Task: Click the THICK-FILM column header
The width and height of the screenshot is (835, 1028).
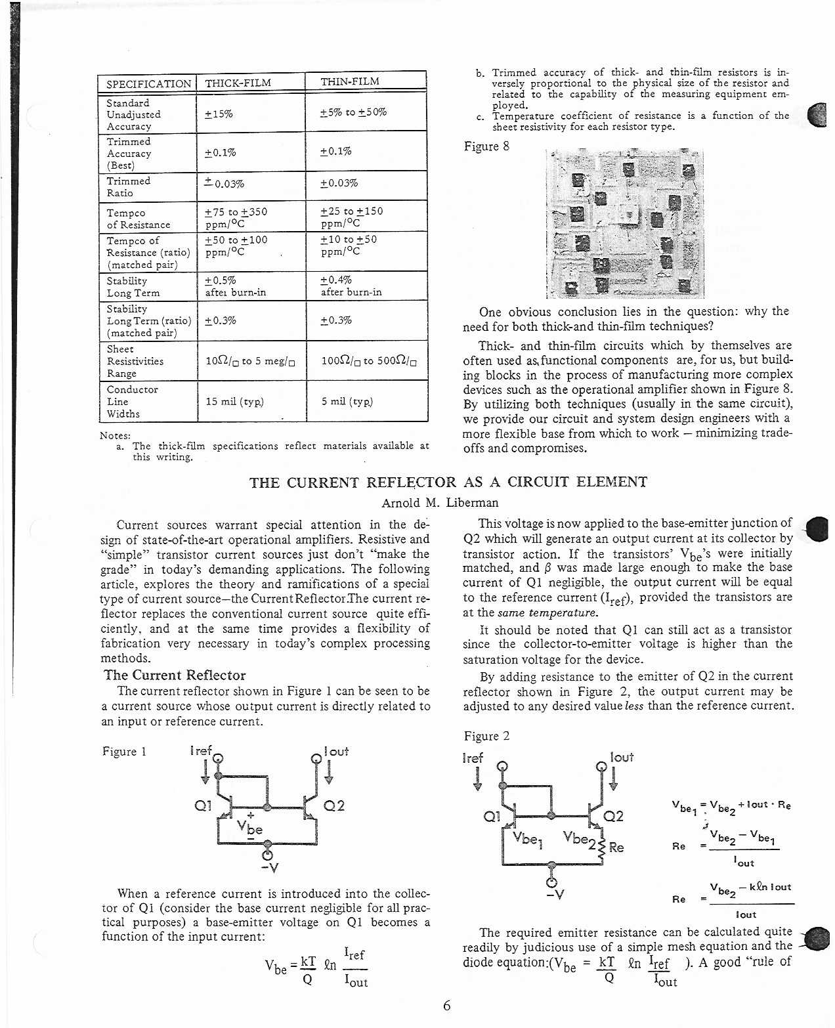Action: [x=238, y=83]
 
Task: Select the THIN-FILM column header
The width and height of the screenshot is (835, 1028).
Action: [x=350, y=81]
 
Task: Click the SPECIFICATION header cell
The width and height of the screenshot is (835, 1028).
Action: [x=148, y=84]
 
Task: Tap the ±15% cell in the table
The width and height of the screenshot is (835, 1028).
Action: [x=219, y=114]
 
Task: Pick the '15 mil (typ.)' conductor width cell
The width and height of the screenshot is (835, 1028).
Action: [x=235, y=401]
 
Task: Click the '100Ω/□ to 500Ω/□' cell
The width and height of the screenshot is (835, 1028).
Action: [x=369, y=360]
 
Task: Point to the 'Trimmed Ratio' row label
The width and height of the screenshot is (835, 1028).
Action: [x=129, y=186]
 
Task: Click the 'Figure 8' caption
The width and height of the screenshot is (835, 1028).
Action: [x=486, y=146]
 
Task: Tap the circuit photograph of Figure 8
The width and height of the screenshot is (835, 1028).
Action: [x=624, y=224]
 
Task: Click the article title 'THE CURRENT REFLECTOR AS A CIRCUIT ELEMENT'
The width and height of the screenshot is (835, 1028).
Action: [x=448, y=482]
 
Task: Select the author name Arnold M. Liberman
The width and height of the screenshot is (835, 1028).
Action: [x=440, y=503]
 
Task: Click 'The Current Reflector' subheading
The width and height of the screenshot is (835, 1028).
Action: [x=175, y=675]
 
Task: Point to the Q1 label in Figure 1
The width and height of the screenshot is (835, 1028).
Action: [x=203, y=805]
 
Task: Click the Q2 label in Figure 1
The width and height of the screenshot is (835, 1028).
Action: [x=334, y=805]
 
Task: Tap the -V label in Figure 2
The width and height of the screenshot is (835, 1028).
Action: [x=555, y=893]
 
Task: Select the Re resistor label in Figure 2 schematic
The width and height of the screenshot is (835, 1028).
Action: [x=616, y=847]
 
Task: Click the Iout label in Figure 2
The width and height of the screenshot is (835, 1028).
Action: [x=622, y=757]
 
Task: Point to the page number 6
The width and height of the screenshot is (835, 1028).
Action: [x=447, y=1005]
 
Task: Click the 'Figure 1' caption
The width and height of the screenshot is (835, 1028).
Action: [x=125, y=751]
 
